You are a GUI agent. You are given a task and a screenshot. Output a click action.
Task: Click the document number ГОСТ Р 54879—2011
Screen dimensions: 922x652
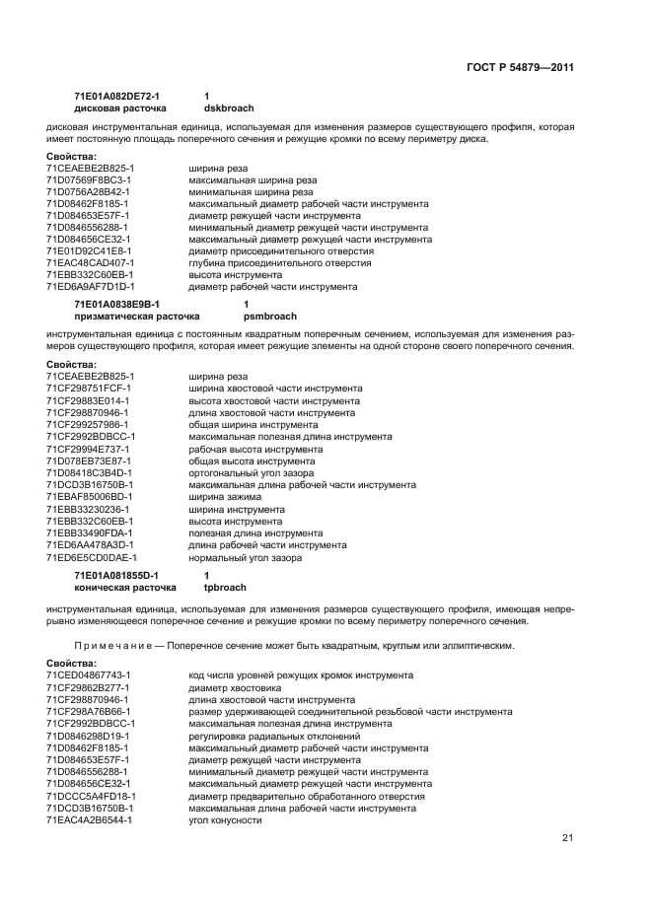point(520,67)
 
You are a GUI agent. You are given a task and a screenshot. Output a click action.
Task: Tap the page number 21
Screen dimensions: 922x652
point(567,837)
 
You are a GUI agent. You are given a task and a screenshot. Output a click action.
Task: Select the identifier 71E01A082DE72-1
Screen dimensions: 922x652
point(116,96)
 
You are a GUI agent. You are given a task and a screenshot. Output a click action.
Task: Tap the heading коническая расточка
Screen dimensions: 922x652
point(125,586)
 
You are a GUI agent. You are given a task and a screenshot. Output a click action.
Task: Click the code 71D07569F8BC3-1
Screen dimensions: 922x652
point(89,179)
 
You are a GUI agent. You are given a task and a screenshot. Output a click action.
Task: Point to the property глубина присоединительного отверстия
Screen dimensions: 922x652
point(280,262)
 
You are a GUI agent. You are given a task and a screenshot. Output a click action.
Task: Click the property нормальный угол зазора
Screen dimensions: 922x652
point(245,557)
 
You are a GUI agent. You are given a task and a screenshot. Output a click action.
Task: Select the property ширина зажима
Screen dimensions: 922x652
point(225,496)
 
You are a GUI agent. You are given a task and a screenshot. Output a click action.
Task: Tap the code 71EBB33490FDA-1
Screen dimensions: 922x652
point(89,532)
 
